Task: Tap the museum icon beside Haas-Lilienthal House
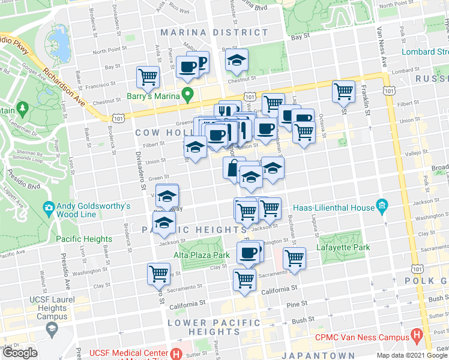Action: coord(381,207)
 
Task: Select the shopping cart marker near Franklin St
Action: coord(343,92)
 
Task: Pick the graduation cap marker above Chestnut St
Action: coord(237,60)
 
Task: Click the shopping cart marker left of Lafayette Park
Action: coord(294,257)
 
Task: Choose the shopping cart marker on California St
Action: coord(244,280)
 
